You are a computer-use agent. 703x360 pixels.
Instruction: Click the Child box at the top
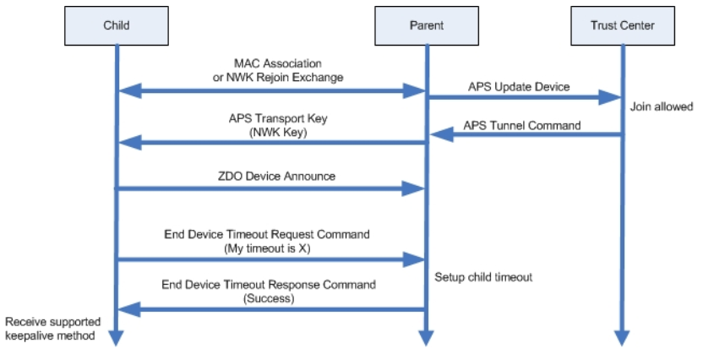coord(116,25)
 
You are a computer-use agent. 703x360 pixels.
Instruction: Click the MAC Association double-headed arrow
coord(270,90)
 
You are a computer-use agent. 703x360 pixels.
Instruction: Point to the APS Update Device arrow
coord(524,98)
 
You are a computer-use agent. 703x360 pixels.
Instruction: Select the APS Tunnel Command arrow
coord(524,135)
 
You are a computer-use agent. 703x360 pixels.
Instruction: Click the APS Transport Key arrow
coord(270,145)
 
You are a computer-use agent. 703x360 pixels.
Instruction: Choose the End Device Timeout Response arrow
coord(270,309)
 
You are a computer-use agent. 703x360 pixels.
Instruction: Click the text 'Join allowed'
coord(661,107)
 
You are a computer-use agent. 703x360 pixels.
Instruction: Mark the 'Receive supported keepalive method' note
coord(52,329)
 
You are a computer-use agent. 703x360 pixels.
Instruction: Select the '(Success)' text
coord(268,297)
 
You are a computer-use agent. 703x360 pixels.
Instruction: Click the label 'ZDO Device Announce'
coord(270,177)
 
